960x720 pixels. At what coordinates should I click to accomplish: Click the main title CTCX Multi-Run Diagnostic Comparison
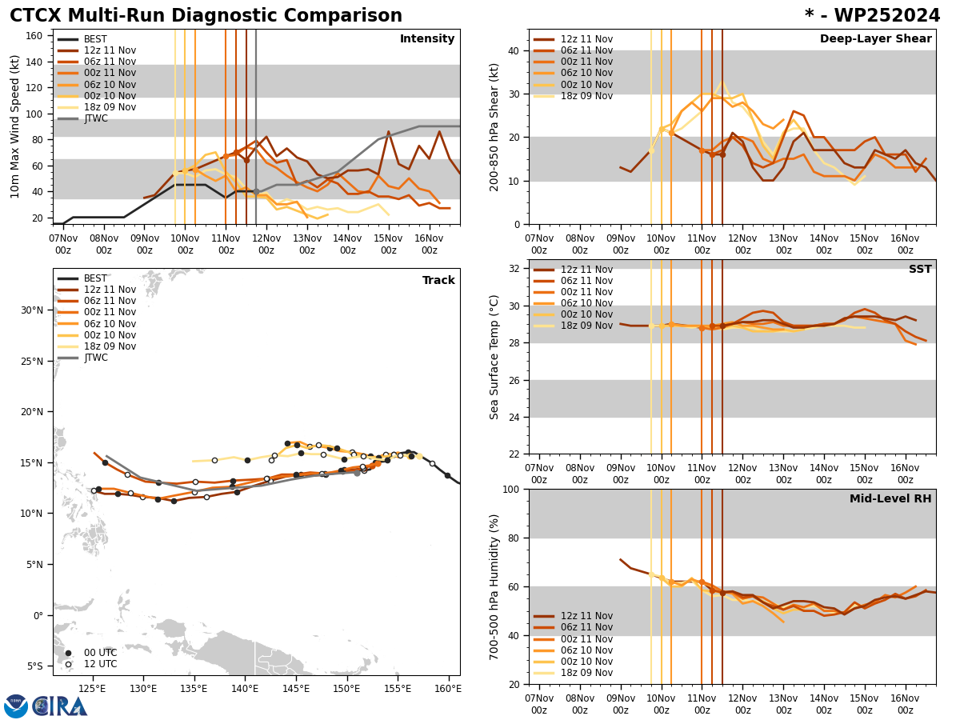pyautogui.click(x=206, y=16)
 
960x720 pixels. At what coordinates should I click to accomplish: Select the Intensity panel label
pyautogui.click(x=427, y=39)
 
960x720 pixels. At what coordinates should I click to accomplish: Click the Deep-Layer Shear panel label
pyautogui.click(x=875, y=39)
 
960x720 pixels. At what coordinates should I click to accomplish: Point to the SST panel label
pyautogui.click(x=920, y=270)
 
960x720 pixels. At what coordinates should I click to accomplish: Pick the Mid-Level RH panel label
pyautogui.click(x=890, y=499)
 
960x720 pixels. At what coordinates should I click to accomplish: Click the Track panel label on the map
pyautogui.click(x=438, y=281)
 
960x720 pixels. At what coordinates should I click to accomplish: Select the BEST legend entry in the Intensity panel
pyautogui.click(x=95, y=39)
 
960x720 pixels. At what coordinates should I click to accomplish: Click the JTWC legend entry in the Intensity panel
pyautogui.click(x=95, y=118)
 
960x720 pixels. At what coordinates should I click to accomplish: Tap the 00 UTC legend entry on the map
pyautogui.click(x=100, y=653)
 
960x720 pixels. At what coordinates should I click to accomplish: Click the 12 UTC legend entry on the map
pyautogui.click(x=100, y=664)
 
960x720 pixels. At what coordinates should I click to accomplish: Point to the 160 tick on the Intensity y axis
pyautogui.click(x=34, y=36)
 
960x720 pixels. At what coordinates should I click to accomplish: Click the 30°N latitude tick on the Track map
pyautogui.click(x=32, y=310)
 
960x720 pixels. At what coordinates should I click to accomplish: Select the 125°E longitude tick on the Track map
pyautogui.click(x=93, y=689)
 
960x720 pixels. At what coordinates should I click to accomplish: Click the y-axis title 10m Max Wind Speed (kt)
pyautogui.click(x=16, y=126)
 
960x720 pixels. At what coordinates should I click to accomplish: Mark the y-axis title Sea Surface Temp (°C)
pyautogui.click(x=494, y=357)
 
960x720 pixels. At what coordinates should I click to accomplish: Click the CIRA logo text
pyautogui.click(x=60, y=706)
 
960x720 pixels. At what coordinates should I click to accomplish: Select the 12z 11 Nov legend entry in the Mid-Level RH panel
pyautogui.click(x=586, y=616)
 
